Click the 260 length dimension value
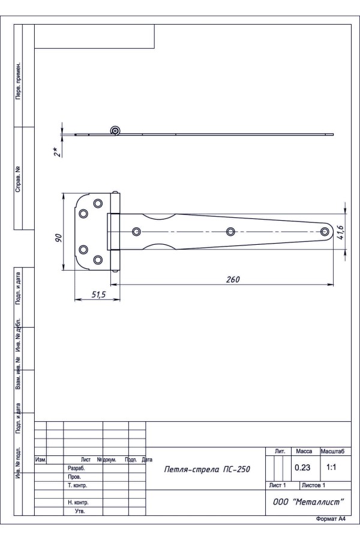pyautogui.click(x=233, y=279)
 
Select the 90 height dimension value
pyautogui.click(x=59, y=238)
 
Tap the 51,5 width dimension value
pyautogui.click(x=98, y=295)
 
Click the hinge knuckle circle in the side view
pyautogui.click(x=116, y=131)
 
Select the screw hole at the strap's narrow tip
pyautogui.click(x=325, y=232)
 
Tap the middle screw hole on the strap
pyautogui.click(x=230, y=232)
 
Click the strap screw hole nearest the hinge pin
pyautogui.click(x=136, y=232)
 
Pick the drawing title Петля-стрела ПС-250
pyautogui.click(x=207, y=469)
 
